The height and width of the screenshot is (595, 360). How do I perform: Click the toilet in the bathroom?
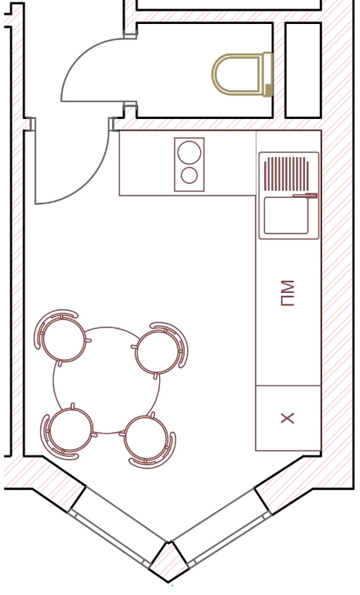pyautogui.click(x=242, y=74)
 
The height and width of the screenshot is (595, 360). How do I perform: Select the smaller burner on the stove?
pyautogui.click(x=189, y=175)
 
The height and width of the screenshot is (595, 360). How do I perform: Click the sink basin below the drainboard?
pyautogui.click(x=287, y=215)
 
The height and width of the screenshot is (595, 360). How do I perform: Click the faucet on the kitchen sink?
pyautogui.click(x=304, y=195)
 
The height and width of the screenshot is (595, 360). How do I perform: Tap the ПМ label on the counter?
pyautogui.click(x=287, y=294)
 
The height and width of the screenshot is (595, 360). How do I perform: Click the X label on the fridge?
pyautogui.click(x=287, y=418)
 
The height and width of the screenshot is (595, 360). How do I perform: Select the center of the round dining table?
pyautogui.click(x=106, y=380)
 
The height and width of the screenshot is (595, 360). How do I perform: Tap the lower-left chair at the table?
pyautogui.click(x=68, y=432)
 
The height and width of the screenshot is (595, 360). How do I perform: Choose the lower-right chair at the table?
pyautogui.click(x=148, y=440)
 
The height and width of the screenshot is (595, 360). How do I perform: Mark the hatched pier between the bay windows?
pyautogui.click(x=169, y=562)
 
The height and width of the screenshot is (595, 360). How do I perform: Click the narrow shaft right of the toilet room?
pyautogui.click(x=303, y=70)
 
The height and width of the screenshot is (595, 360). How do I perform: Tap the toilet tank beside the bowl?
pyautogui.click(x=268, y=74)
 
